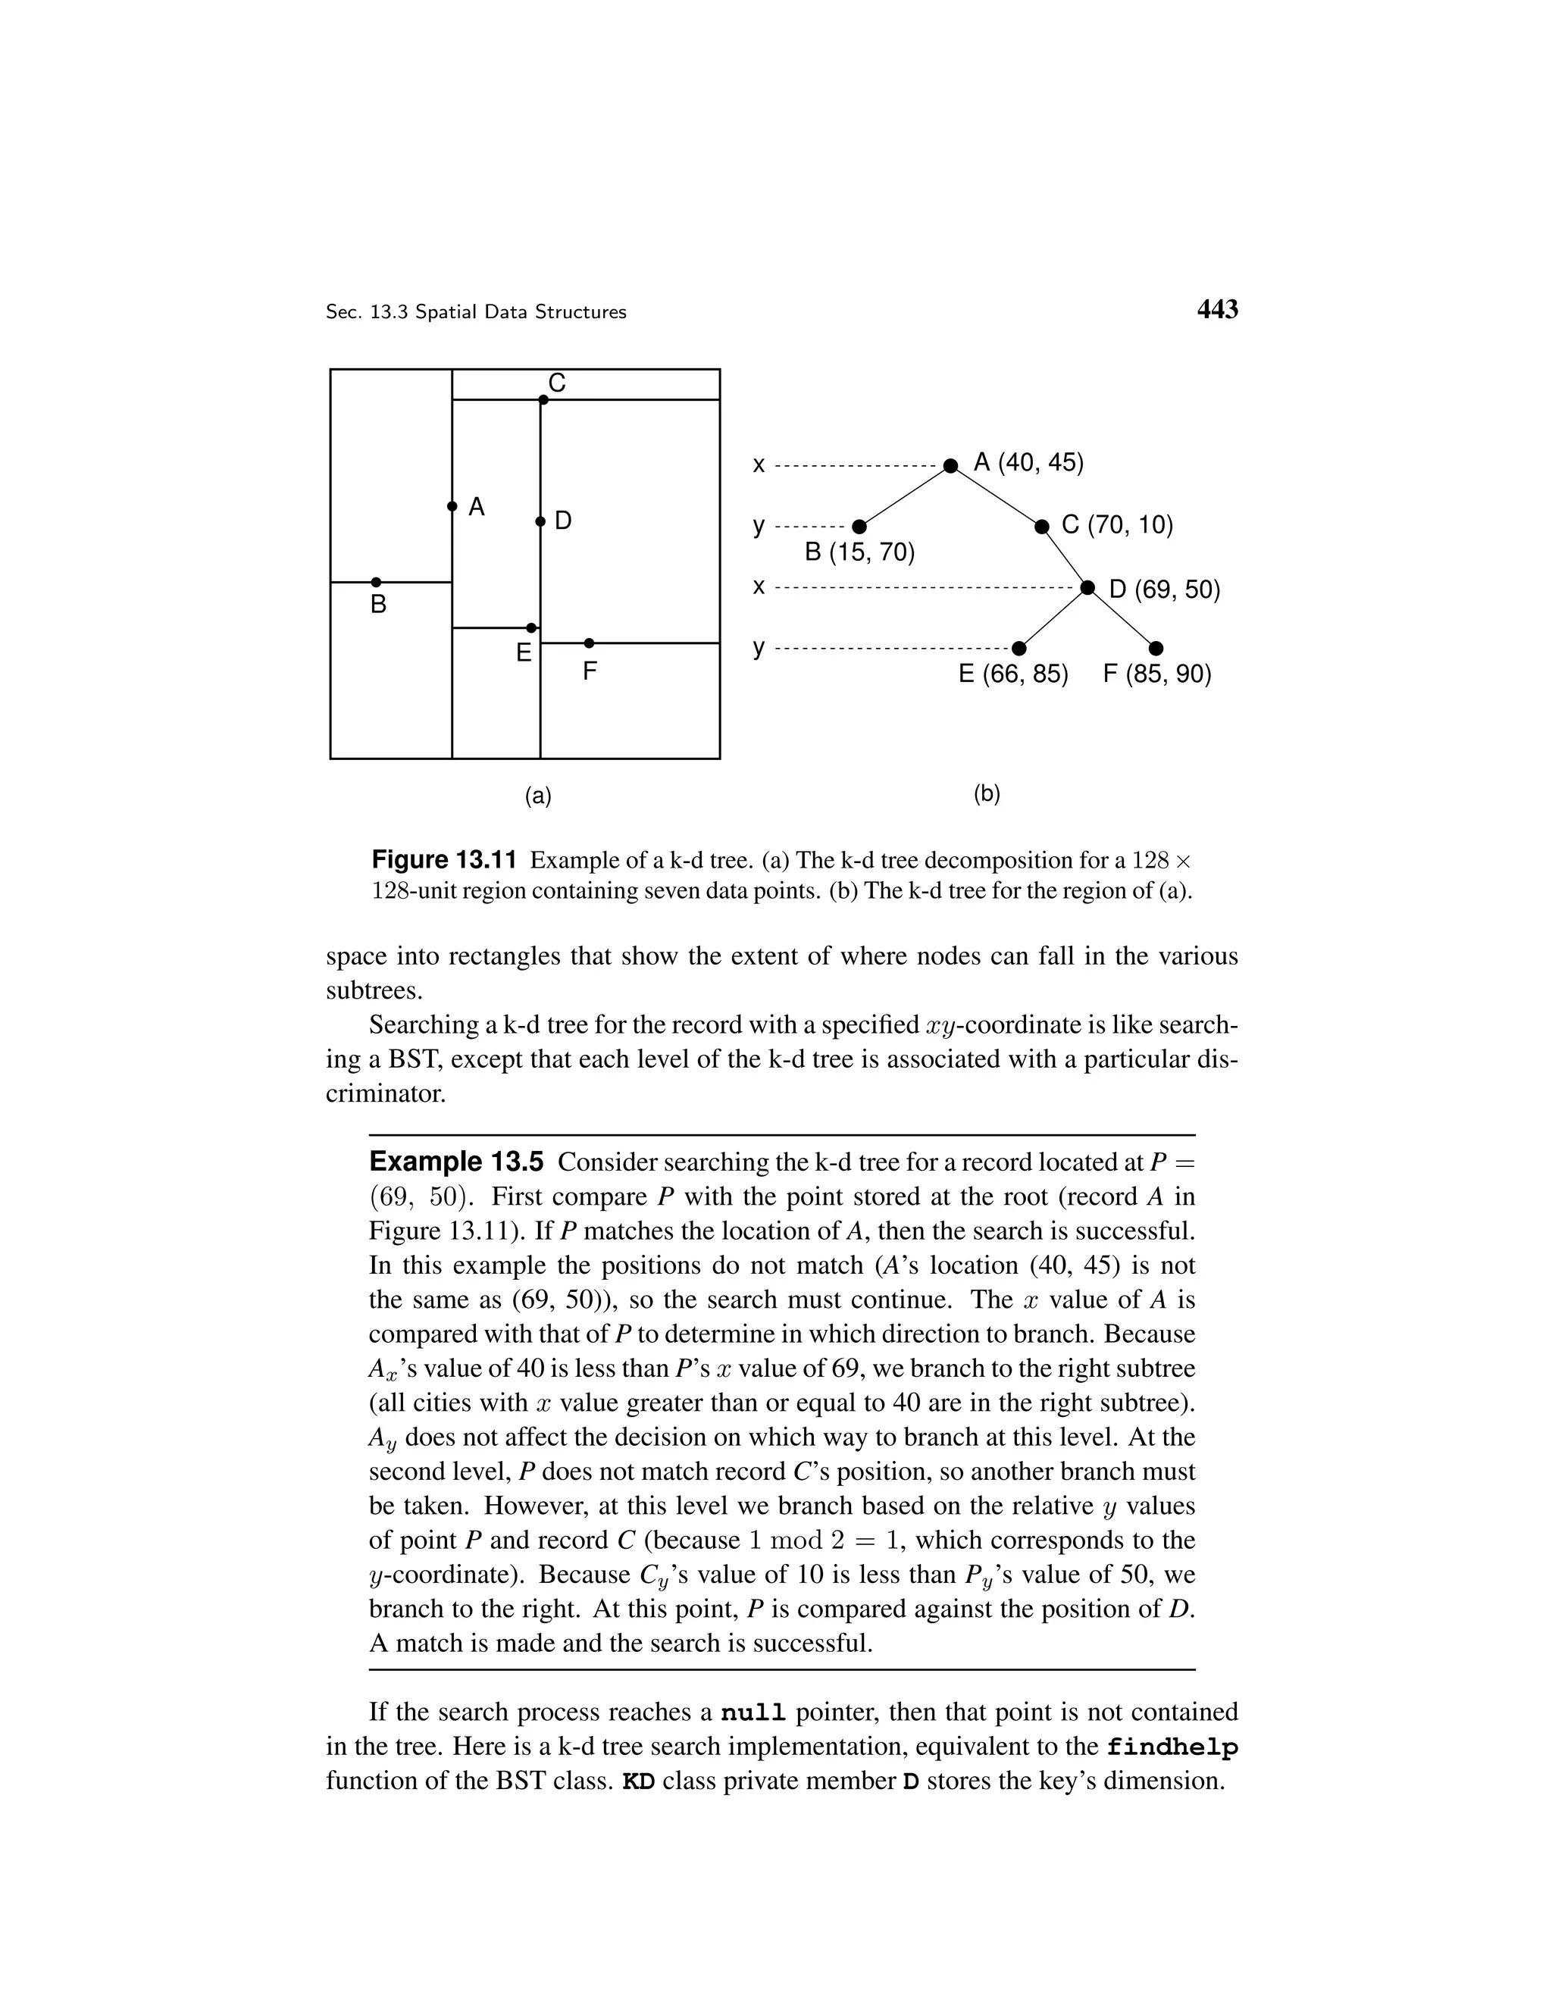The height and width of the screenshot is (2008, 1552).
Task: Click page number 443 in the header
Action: (x=1216, y=310)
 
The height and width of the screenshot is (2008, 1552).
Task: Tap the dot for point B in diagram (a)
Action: (x=376, y=582)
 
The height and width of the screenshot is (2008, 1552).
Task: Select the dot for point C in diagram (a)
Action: (x=543, y=400)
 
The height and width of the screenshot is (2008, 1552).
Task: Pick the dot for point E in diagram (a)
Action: (x=531, y=628)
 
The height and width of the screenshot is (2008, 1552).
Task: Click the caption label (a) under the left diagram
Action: (x=538, y=796)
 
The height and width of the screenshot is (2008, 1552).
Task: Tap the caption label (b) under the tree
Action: (x=987, y=793)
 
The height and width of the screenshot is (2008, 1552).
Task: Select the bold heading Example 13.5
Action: (x=456, y=1162)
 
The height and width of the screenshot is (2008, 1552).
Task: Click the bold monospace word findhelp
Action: (x=1172, y=1747)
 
